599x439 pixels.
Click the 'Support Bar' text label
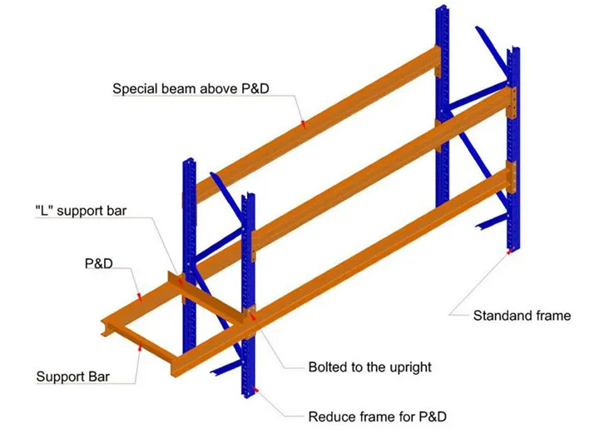click(x=72, y=377)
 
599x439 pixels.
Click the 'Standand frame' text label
click(x=522, y=315)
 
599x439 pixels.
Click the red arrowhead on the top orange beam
click(x=304, y=123)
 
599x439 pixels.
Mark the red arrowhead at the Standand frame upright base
click(x=509, y=252)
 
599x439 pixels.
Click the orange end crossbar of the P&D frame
click(x=106, y=326)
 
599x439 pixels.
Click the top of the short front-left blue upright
click(x=247, y=198)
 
